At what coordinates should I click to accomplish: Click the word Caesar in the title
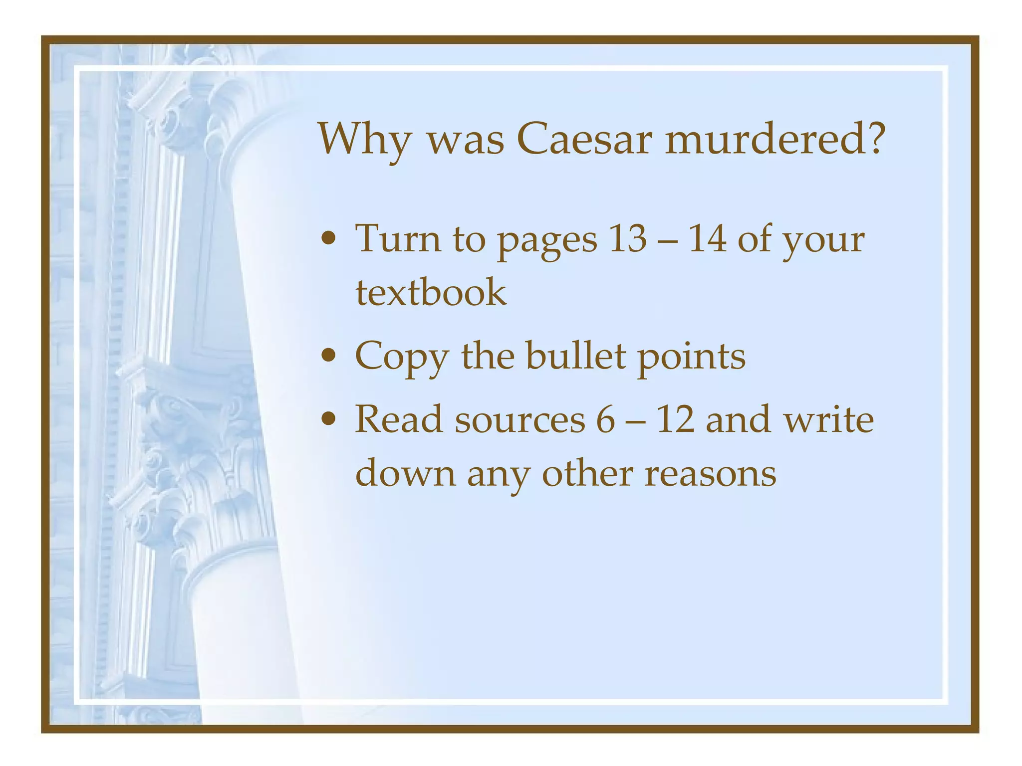pyautogui.click(x=584, y=139)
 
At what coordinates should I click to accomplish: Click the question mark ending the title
pyautogui.click(x=873, y=139)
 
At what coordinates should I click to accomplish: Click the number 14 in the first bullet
pyautogui.click(x=707, y=238)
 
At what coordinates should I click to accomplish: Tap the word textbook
pyautogui.click(x=431, y=292)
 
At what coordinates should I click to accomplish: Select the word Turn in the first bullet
pyautogui.click(x=398, y=238)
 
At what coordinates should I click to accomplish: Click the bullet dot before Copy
pyautogui.click(x=328, y=356)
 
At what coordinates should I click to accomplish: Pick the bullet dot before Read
pyautogui.click(x=328, y=419)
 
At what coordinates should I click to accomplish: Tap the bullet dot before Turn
pyautogui.click(x=328, y=239)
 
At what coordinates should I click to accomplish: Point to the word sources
pyautogui.click(x=519, y=420)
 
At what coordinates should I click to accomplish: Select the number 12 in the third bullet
pyautogui.click(x=675, y=420)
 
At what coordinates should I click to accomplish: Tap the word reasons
pyautogui.click(x=710, y=473)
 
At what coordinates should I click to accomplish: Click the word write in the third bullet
pyautogui.click(x=829, y=420)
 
